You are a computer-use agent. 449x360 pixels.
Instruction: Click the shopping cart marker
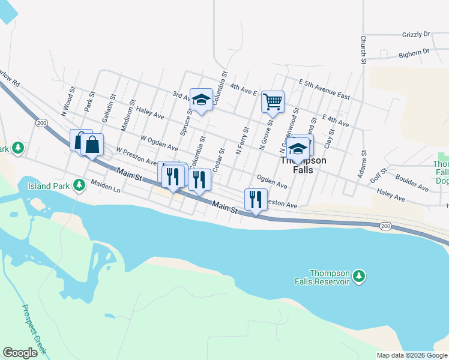point(273,102)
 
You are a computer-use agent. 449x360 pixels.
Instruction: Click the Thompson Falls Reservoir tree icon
point(359,276)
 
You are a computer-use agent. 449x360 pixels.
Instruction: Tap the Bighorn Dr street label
point(414,54)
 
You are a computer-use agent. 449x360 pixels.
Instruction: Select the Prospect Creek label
point(34,329)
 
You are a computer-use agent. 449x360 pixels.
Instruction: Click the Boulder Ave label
point(412,183)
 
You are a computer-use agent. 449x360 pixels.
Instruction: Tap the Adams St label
point(361,164)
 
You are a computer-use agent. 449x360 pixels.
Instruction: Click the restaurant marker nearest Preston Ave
point(256,199)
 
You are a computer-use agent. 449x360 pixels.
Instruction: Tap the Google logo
point(20,353)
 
